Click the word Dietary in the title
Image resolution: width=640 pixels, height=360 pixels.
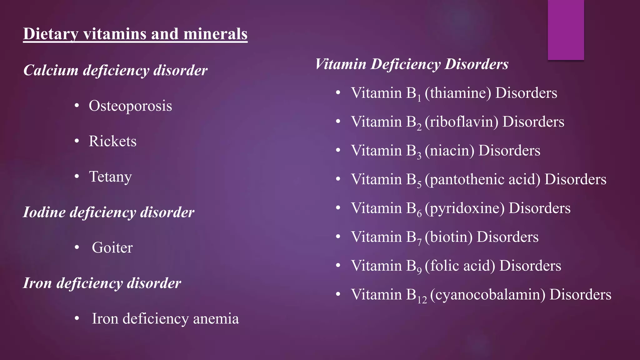tap(50, 34)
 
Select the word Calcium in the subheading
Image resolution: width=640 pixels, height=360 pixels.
tap(51, 70)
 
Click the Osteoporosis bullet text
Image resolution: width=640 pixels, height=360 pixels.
tap(130, 106)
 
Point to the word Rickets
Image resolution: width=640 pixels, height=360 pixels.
tap(112, 141)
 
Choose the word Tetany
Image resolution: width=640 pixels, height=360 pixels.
tap(110, 177)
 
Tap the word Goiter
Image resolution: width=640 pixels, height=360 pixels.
tap(112, 248)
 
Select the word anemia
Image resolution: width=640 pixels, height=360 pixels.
tap(216, 319)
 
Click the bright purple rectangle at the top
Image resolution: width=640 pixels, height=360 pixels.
tap(566, 30)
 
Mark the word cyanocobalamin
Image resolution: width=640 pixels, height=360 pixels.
tap(488, 295)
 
